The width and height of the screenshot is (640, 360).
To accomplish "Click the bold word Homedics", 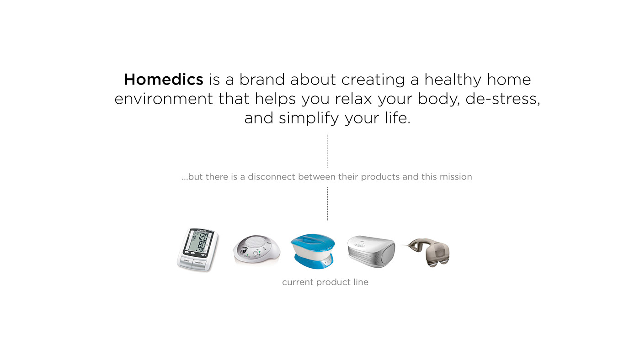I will tap(164, 80).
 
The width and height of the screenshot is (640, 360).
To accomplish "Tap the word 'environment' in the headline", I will tap(163, 99).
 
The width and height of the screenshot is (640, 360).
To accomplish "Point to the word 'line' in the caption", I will tap(360, 282).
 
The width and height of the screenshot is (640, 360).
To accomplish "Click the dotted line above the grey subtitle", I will tap(327, 151).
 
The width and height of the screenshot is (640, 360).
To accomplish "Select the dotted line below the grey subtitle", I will tap(327, 204).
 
